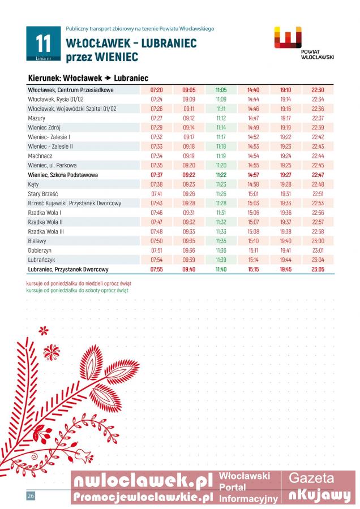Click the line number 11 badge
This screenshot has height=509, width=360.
(x=43, y=44)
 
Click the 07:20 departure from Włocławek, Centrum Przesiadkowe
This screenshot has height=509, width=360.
(x=157, y=90)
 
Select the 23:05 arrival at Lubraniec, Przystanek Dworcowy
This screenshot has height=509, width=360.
(x=318, y=270)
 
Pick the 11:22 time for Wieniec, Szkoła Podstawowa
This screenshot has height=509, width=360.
(x=221, y=175)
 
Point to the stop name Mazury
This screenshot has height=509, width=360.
(x=37, y=118)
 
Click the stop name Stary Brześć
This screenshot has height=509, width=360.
(x=43, y=194)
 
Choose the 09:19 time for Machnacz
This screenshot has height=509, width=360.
(x=188, y=156)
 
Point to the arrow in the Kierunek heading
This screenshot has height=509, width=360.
(x=107, y=78)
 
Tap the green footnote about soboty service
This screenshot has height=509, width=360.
(x=77, y=290)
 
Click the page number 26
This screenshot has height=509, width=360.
(x=31, y=496)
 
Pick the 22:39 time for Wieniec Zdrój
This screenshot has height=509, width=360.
(x=318, y=128)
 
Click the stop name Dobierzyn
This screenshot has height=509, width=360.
(x=41, y=251)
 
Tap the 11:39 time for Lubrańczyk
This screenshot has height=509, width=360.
(x=221, y=260)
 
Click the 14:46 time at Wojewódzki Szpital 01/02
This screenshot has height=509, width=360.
(x=253, y=109)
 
